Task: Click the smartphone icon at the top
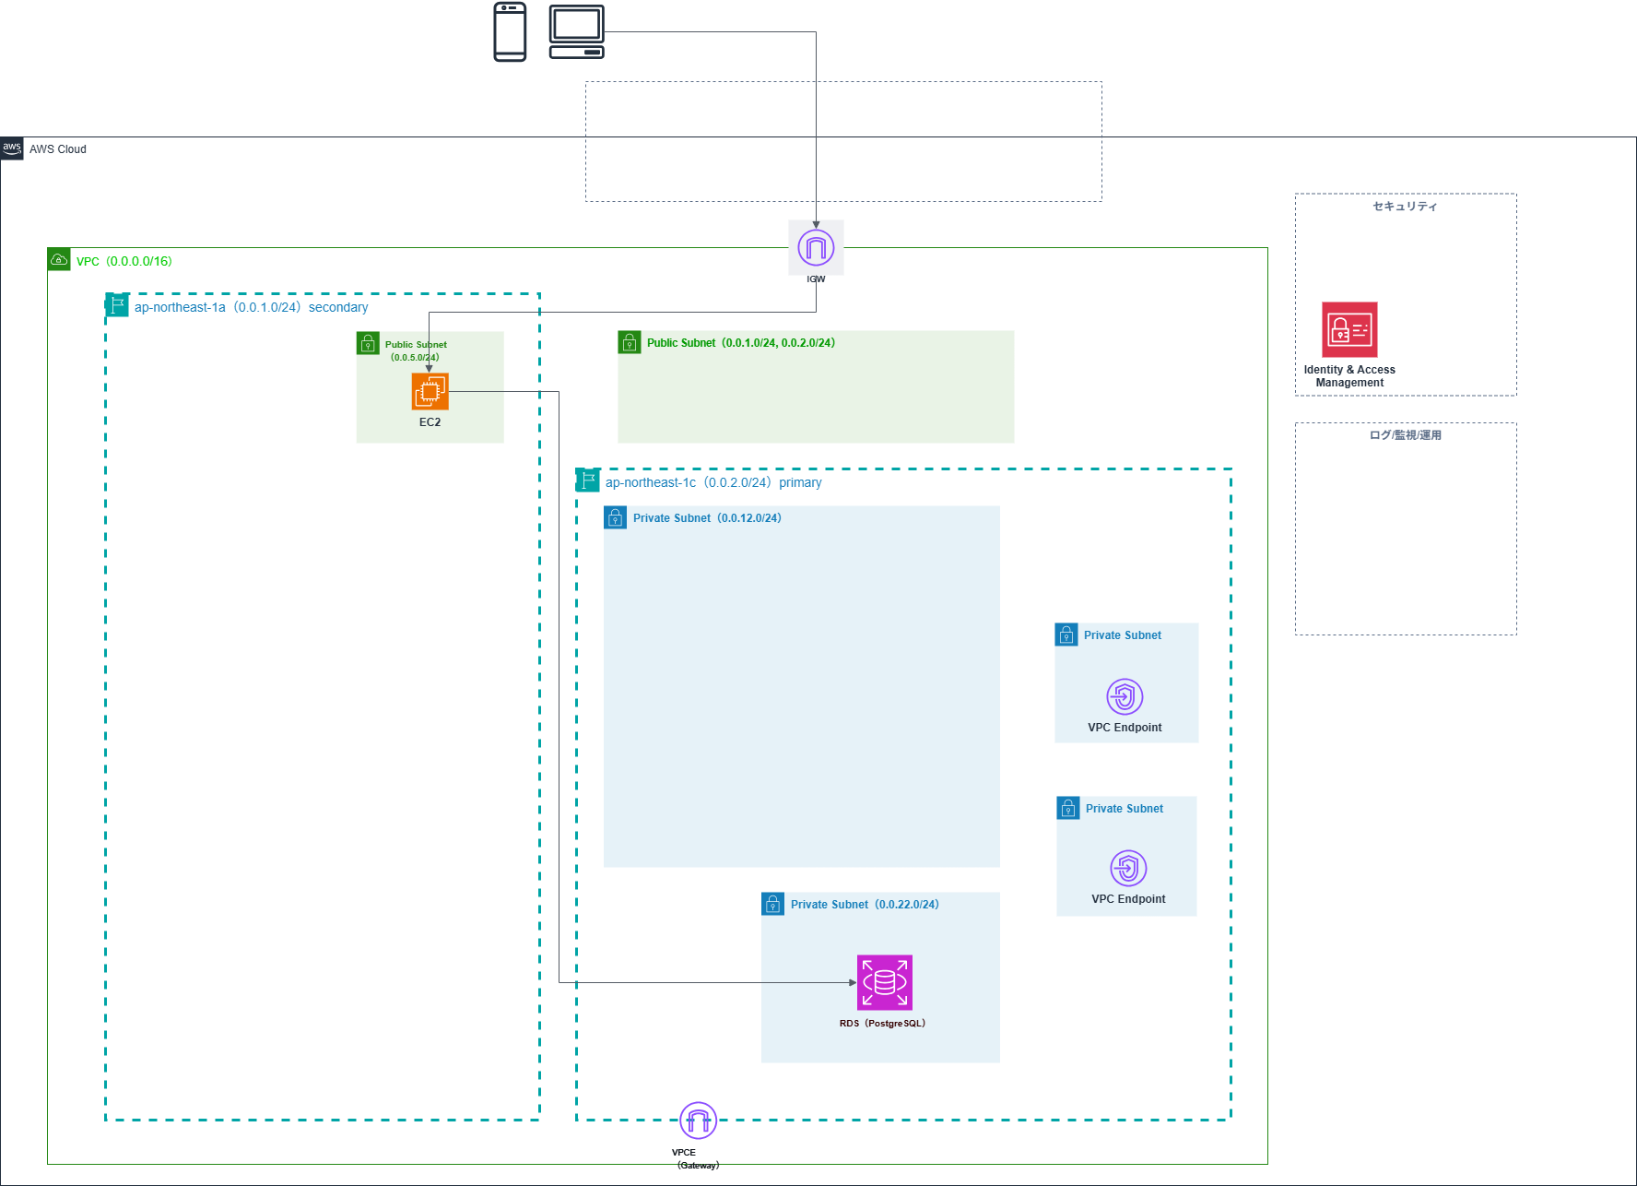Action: coord(510,31)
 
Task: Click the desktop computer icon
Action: coord(577,31)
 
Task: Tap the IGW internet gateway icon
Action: coord(816,247)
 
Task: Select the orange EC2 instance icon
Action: coord(430,392)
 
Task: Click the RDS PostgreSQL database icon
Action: coord(885,982)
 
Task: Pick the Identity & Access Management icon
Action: coord(1349,329)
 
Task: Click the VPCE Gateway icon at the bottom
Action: coord(698,1121)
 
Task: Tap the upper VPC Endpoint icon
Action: coord(1125,696)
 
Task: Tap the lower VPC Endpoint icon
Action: coord(1128,868)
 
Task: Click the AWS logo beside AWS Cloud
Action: coord(12,148)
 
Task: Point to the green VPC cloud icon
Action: coord(59,260)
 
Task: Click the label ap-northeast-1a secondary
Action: coord(251,307)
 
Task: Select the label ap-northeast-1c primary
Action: coord(713,482)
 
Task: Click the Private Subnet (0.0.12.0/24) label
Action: coord(706,518)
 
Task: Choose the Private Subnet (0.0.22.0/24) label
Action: coord(864,905)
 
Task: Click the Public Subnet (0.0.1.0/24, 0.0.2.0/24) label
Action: coord(740,343)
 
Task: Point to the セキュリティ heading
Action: coord(1405,207)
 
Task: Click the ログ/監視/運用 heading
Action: coord(1405,435)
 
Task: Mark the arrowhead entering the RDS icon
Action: coord(853,982)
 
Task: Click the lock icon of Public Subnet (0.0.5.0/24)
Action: coord(368,344)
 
